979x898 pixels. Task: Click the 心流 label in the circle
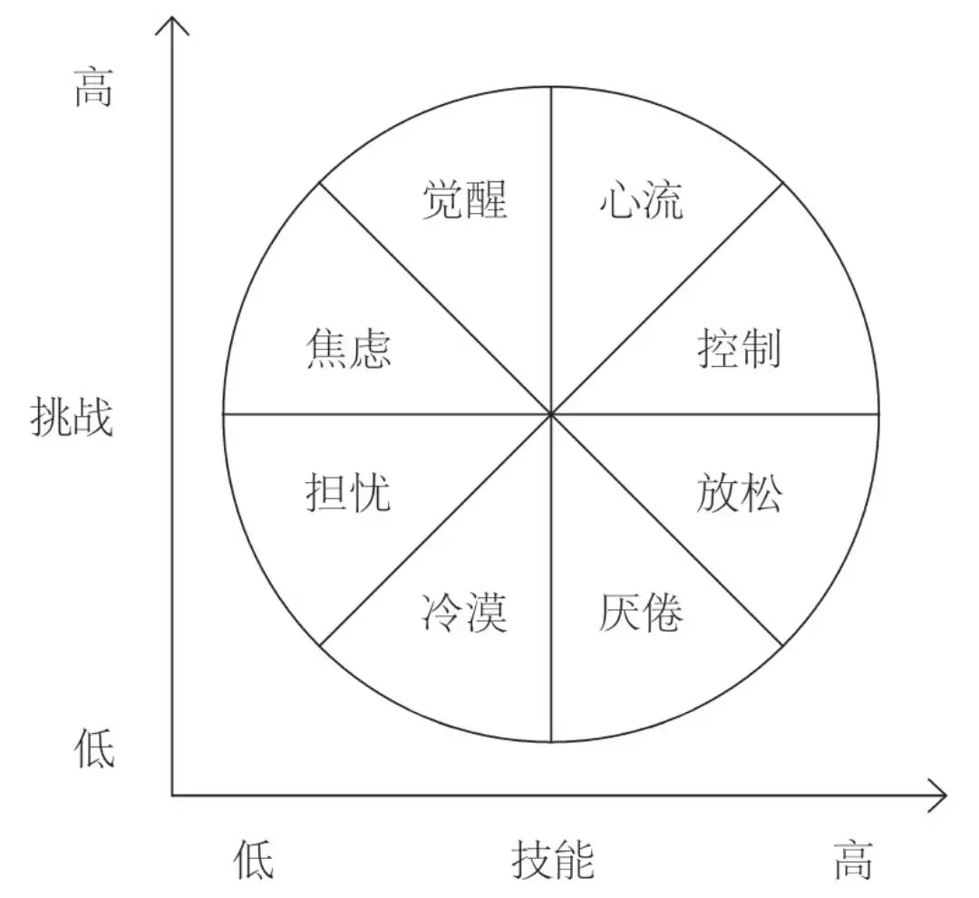coord(641,200)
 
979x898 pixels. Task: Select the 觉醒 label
coord(465,200)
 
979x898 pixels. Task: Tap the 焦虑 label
coord(348,349)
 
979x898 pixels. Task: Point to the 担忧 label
coord(348,492)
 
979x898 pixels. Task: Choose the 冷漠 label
coord(464,613)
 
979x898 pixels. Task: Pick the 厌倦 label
coord(641,613)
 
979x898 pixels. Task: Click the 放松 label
coord(740,492)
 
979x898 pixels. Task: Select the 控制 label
coord(740,349)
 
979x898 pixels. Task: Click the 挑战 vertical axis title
coord(72,417)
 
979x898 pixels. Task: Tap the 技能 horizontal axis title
coord(553,860)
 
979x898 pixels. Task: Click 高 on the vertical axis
coord(93,88)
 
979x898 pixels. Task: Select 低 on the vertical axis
coord(94,748)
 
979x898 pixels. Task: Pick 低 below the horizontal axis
coord(254,860)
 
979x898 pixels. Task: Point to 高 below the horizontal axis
coord(854,860)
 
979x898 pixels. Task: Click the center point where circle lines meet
coord(551,414)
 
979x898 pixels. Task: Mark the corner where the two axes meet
coord(172,796)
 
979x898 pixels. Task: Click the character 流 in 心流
coord(664,200)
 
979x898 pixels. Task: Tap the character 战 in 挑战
coord(93,417)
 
